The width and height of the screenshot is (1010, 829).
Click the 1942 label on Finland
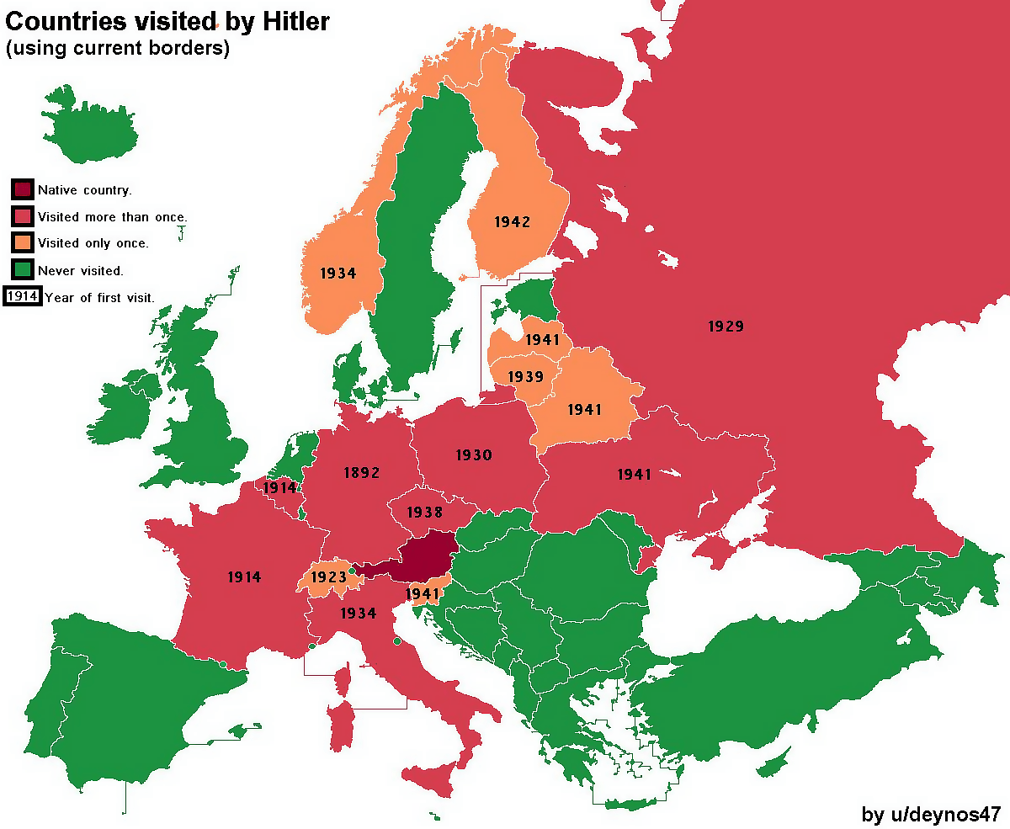coord(512,222)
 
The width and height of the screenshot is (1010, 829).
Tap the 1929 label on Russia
coord(726,327)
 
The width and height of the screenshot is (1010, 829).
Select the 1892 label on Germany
coord(361,473)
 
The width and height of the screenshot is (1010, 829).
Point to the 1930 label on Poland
coord(474,455)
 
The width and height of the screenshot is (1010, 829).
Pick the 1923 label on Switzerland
coord(328,577)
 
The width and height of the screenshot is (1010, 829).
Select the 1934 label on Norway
coord(338,274)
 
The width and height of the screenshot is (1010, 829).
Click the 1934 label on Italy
coord(358,614)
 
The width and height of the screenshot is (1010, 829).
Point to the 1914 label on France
coord(244,577)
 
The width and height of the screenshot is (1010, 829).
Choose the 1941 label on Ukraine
coord(634,475)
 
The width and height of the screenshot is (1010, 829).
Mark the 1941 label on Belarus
coord(584,410)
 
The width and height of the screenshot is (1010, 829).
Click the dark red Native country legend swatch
coord(23,189)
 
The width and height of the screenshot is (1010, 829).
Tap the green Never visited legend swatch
coord(23,270)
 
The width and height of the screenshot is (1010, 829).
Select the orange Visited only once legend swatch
coord(23,243)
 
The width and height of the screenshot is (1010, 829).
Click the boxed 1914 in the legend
coord(23,296)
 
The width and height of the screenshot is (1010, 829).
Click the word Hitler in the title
coord(288,22)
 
